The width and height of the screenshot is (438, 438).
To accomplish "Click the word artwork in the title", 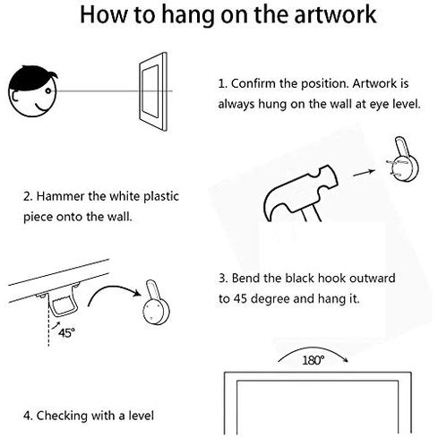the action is click(x=335, y=14).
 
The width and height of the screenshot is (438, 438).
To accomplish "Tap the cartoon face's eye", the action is click(x=48, y=90).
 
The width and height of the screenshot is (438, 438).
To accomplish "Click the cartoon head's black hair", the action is click(x=31, y=77).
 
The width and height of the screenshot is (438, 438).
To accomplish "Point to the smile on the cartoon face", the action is click(x=41, y=107).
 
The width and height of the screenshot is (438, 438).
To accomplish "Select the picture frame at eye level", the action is click(x=153, y=91).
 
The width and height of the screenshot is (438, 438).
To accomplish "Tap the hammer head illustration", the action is click(x=301, y=193).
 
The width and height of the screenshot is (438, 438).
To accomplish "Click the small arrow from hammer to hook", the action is click(x=364, y=173).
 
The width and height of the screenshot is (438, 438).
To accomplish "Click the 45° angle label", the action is click(x=66, y=332).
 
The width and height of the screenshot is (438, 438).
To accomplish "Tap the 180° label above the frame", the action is click(x=313, y=360).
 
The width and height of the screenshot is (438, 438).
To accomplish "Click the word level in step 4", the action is click(x=142, y=416).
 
